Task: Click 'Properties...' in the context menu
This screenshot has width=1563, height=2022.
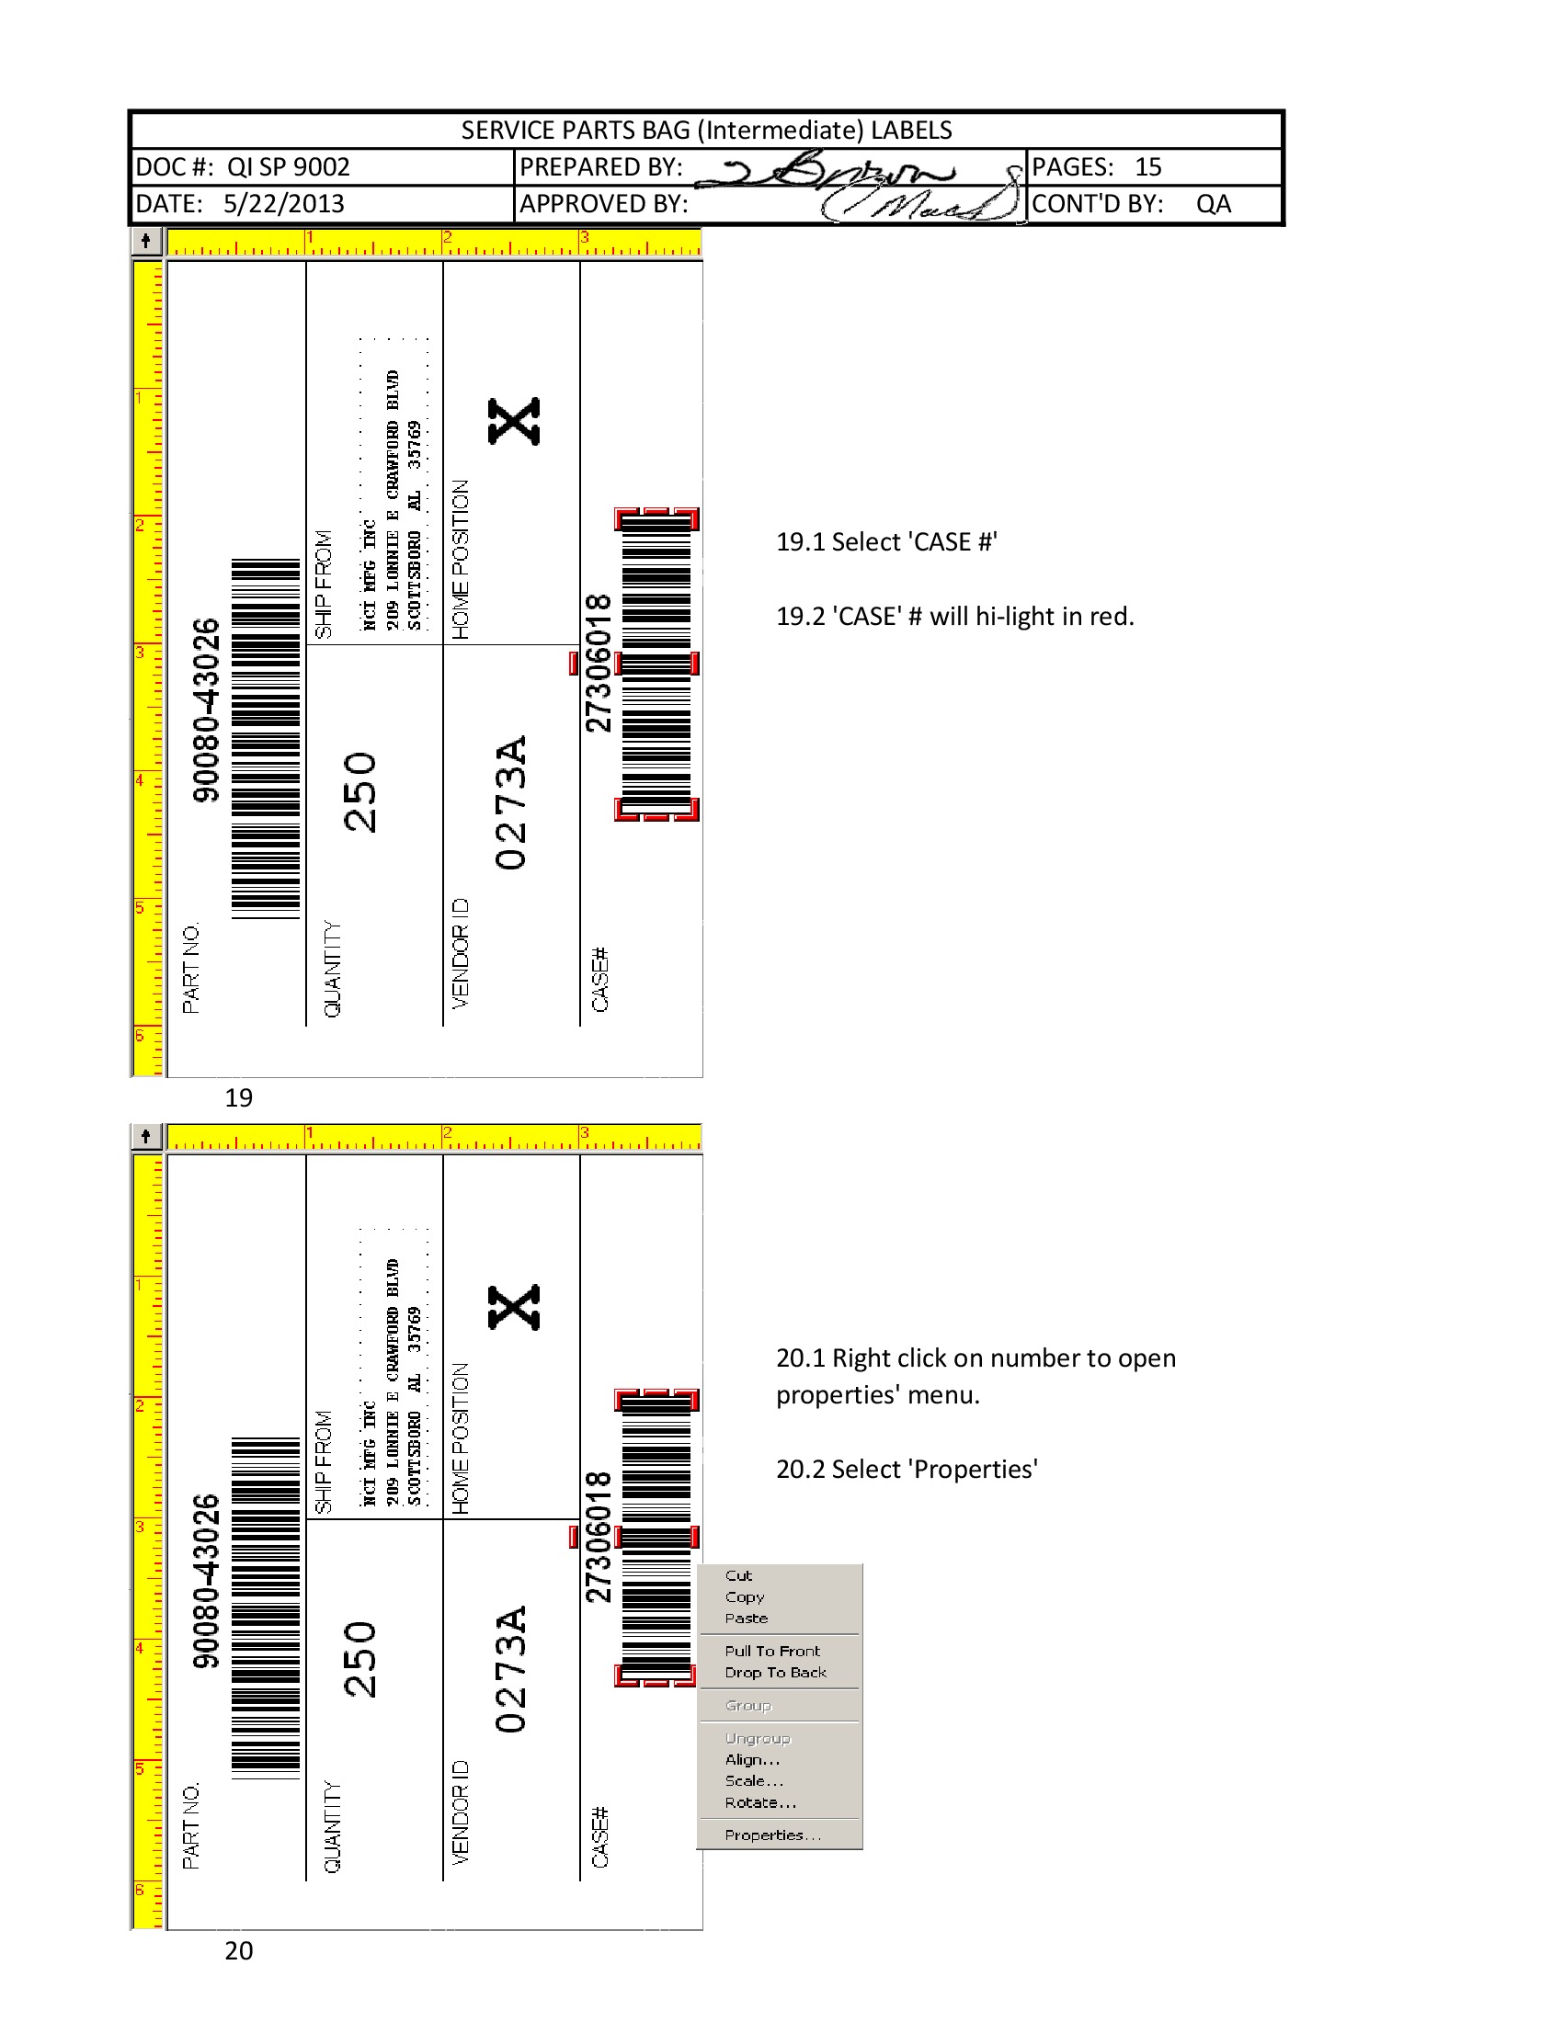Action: pyautogui.click(x=772, y=1835)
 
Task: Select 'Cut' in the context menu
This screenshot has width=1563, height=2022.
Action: pyautogui.click(x=738, y=1574)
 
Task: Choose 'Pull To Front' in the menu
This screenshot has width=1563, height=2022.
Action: pyautogui.click(x=772, y=1651)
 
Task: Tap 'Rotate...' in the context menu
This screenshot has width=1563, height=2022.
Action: pyautogui.click(x=760, y=1802)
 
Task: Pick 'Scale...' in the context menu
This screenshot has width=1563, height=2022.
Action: pyautogui.click(x=754, y=1780)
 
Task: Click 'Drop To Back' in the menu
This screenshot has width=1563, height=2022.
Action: pyautogui.click(x=775, y=1672)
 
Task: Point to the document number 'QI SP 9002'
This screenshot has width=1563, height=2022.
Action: pyautogui.click(x=288, y=166)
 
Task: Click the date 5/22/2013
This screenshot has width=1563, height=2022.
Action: pyautogui.click(x=283, y=204)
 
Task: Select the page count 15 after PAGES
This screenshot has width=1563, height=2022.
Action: pyautogui.click(x=1147, y=166)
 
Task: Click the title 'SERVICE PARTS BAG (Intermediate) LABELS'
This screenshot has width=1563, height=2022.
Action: pyautogui.click(x=706, y=130)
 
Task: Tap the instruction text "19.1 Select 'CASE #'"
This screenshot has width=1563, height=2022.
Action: pyautogui.click(x=886, y=541)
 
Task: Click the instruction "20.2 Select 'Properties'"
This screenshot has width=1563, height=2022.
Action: pyautogui.click(x=907, y=1470)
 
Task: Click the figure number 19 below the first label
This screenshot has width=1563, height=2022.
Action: pyautogui.click(x=238, y=1098)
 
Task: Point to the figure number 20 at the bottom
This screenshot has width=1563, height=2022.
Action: pyautogui.click(x=238, y=1950)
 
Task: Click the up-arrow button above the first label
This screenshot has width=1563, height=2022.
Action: pyautogui.click(x=146, y=241)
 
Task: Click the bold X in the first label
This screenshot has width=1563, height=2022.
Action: pyautogui.click(x=514, y=421)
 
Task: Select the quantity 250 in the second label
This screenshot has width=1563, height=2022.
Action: pyautogui.click(x=359, y=1659)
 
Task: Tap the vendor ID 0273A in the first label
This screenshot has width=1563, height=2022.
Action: pyautogui.click(x=510, y=801)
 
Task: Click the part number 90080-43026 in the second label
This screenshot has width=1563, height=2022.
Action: pyautogui.click(x=206, y=1581)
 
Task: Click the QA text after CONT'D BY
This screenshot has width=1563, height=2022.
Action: pyautogui.click(x=1213, y=204)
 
